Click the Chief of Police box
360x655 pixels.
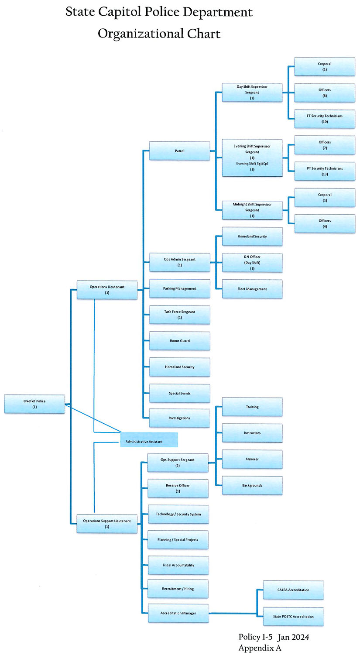coord(34,404)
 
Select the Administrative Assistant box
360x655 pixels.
coord(149,439)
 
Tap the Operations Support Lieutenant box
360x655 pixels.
coord(107,523)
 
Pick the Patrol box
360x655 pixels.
coord(179,151)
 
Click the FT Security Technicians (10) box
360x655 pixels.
coord(324,119)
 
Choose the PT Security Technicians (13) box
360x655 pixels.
coord(324,171)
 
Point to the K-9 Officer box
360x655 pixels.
coord(252,263)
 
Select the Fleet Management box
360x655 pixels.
coord(252,289)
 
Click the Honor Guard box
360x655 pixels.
coord(179,341)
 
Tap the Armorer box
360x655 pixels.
coord(252,459)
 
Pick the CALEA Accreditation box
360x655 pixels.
coord(293,590)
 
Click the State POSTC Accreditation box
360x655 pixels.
coord(293,616)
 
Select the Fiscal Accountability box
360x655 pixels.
coord(178,565)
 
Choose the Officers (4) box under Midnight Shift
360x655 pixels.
coord(324,223)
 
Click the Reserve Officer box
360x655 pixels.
coord(178,488)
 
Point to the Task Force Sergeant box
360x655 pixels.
coord(179,315)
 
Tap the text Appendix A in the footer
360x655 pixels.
coord(260,648)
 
